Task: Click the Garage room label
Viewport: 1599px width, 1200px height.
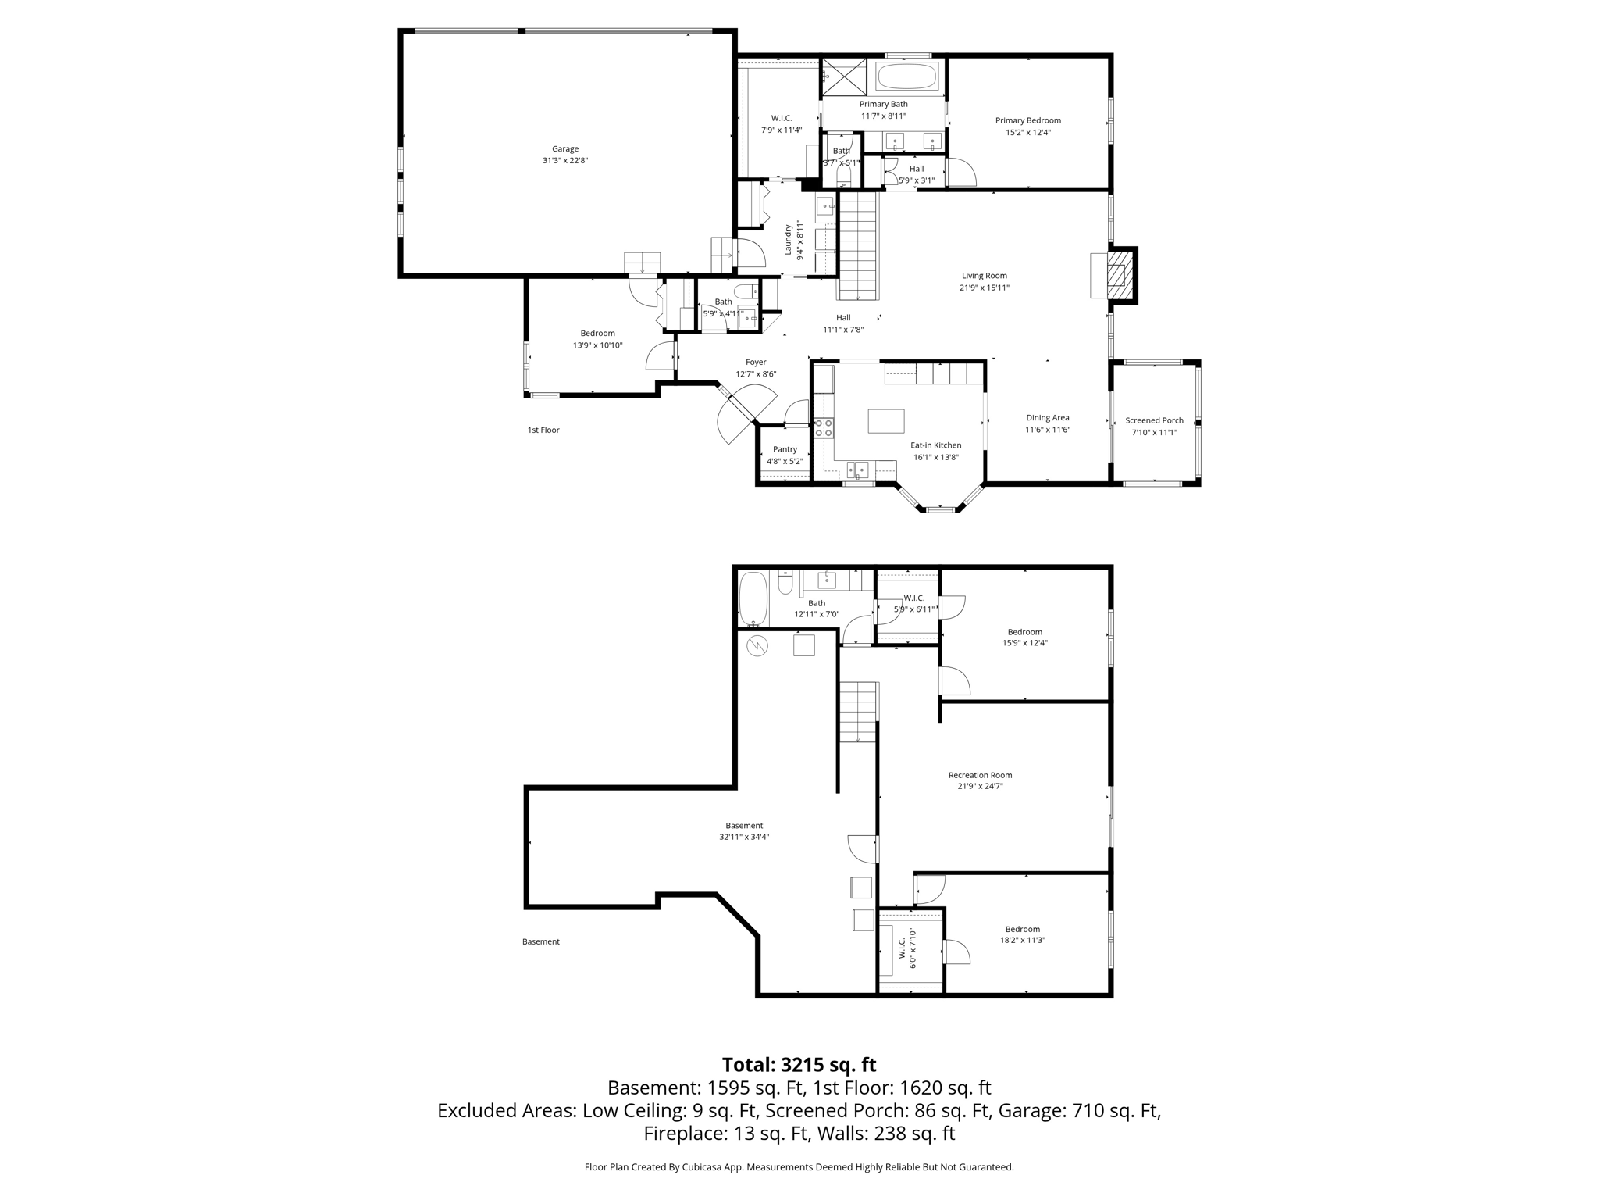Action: pyautogui.click(x=564, y=148)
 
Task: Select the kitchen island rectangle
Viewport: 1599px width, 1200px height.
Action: pyautogui.click(x=885, y=421)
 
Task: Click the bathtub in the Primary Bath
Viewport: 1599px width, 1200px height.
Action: pyautogui.click(x=906, y=77)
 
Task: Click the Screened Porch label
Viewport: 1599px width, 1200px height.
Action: pyautogui.click(x=1154, y=420)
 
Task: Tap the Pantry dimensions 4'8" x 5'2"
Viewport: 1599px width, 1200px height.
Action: pyautogui.click(x=785, y=461)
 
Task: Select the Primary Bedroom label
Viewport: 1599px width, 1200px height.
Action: pyautogui.click(x=1027, y=120)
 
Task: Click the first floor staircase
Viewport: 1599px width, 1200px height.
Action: pyautogui.click(x=858, y=246)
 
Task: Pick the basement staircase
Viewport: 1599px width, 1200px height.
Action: pyautogui.click(x=858, y=711)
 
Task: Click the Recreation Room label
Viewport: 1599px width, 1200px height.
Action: pyautogui.click(x=980, y=775)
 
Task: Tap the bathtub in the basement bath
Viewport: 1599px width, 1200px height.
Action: pyautogui.click(x=753, y=598)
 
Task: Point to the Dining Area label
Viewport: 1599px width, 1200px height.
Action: pyautogui.click(x=1047, y=417)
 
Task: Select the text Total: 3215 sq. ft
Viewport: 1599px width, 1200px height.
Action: pyautogui.click(x=799, y=1065)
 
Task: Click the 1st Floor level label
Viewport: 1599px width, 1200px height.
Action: pyautogui.click(x=543, y=430)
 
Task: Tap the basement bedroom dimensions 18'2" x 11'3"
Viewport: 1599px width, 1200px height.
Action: pyautogui.click(x=1022, y=940)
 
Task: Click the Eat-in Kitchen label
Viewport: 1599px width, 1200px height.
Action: pyautogui.click(x=935, y=445)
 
